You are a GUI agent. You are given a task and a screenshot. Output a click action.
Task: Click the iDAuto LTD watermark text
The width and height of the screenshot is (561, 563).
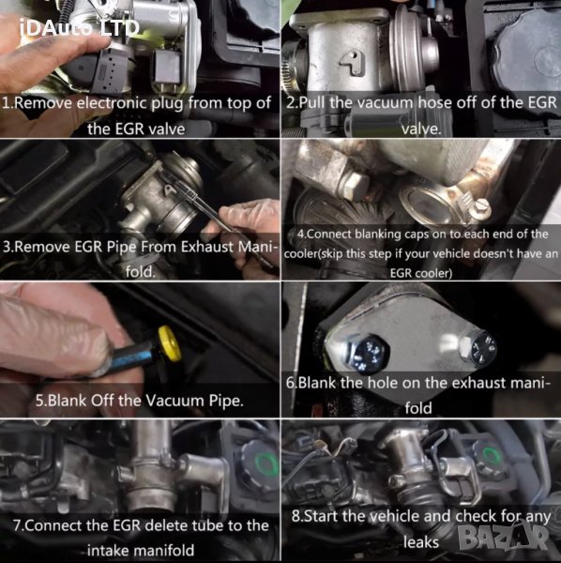(x=80, y=27)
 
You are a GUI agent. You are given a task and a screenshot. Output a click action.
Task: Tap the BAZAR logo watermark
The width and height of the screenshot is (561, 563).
(x=505, y=538)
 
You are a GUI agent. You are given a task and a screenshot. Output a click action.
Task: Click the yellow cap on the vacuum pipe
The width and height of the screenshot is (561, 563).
(x=169, y=343)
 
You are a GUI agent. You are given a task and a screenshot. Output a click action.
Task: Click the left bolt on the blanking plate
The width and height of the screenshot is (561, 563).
(x=367, y=353)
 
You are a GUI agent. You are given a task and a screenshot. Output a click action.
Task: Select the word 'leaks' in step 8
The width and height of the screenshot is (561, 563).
(x=420, y=542)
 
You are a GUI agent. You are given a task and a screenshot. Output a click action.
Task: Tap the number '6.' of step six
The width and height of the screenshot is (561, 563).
(x=292, y=383)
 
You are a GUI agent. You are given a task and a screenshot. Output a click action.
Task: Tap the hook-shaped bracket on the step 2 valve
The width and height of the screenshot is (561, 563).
(x=352, y=63)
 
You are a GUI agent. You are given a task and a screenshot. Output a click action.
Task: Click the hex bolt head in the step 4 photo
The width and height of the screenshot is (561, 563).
(x=356, y=184)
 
